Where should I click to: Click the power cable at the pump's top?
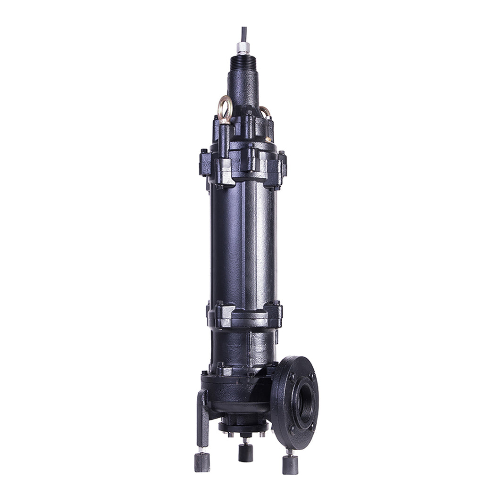tap(243, 34)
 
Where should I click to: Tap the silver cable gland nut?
tap(243, 48)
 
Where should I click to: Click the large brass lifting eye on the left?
tap(225, 107)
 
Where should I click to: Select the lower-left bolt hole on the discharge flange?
tap(291, 429)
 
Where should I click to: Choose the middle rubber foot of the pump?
tap(245, 453)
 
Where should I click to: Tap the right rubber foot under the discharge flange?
tap(290, 464)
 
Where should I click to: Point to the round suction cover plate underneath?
tap(243, 427)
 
